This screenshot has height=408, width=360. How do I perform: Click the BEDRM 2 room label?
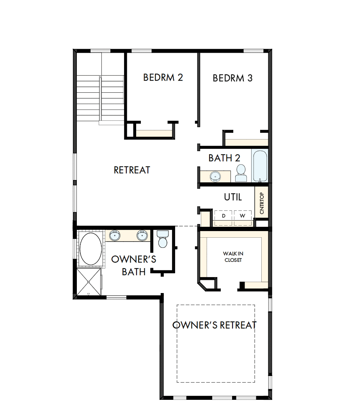(163, 77)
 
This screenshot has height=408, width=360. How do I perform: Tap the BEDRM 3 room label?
(232, 78)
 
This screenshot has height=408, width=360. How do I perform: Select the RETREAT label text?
(132, 170)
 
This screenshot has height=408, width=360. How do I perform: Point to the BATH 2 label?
(224, 158)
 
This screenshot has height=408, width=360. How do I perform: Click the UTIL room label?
(233, 197)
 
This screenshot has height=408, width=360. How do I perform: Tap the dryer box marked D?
(223, 215)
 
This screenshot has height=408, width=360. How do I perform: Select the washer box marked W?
(243, 215)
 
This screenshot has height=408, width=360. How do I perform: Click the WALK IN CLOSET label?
(233, 257)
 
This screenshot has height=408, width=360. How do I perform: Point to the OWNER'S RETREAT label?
(215, 325)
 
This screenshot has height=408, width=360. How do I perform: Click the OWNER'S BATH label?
(134, 265)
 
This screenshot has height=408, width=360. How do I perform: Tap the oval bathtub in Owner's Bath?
(91, 249)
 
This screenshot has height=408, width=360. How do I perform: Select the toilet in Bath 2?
(241, 173)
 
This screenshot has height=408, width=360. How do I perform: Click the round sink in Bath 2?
(215, 176)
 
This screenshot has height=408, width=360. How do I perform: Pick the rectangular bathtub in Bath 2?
(260, 166)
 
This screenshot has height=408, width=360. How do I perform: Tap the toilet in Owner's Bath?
(162, 238)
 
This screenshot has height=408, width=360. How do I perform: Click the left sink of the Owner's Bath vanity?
(115, 235)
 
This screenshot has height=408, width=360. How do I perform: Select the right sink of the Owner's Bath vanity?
(142, 235)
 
